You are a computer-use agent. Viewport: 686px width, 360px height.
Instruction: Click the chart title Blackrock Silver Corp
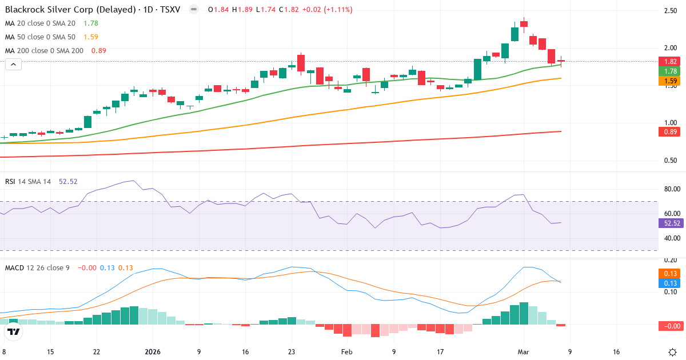pyautogui.click(x=63, y=10)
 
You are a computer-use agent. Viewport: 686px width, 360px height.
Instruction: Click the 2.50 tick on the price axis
pyautogui.click(x=671, y=11)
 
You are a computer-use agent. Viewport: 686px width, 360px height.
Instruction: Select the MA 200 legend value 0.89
pyautogui.click(x=98, y=50)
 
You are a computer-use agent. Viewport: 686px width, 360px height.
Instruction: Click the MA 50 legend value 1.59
pyautogui.click(x=90, y=37)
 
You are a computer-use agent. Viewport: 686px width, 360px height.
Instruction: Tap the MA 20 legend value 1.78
pyautogui.click(x=90, y=23)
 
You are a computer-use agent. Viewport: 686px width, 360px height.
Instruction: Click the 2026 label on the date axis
pyautogui.click(x=153, y=352)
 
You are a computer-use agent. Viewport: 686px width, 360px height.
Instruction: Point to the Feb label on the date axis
pyautogui.click(x=347, y=352)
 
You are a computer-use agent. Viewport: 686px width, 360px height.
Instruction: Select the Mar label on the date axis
pyautogui.click(x=524, y=352)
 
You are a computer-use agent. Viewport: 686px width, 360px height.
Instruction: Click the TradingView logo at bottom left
pyautogui.click(x=14, y=331)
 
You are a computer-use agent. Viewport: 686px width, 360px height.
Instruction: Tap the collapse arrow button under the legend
pyautogui.click(x=13, y=64)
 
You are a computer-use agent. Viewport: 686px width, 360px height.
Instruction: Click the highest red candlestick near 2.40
pyautogui.click(x=524, y=24)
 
